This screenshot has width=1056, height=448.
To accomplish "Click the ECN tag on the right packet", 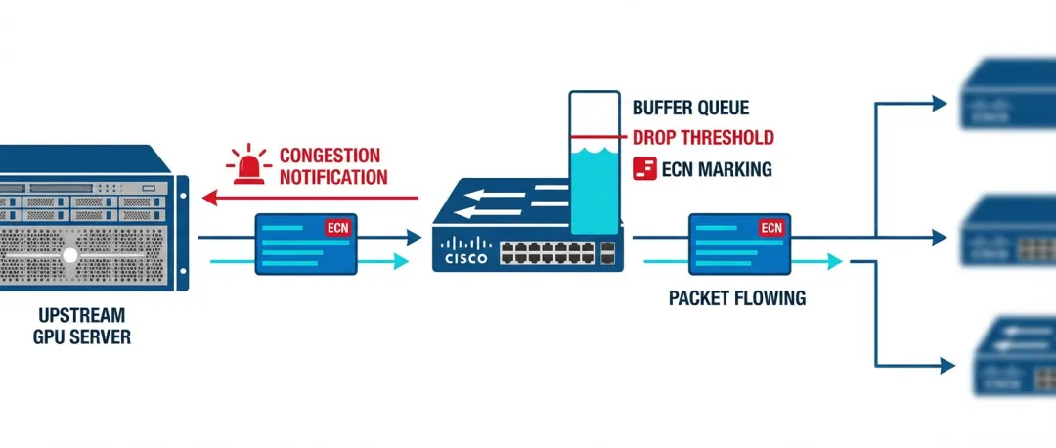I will [771, 228].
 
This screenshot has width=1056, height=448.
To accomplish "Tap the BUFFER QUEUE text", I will [690, 108].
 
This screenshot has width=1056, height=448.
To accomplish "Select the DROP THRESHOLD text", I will [703, 138].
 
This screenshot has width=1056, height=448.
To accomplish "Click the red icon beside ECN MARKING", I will [644, 168].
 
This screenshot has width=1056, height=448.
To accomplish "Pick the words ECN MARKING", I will [716, 169].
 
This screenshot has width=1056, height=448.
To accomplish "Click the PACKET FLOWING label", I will [737, 298].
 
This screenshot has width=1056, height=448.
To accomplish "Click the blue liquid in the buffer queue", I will [594, 191].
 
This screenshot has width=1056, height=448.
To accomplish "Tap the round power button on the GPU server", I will [69, 254].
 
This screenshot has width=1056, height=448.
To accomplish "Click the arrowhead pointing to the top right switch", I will [941, 102].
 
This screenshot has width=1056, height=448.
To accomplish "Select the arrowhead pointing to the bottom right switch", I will [946, 365].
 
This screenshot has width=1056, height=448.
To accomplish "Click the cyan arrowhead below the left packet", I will [400, 261].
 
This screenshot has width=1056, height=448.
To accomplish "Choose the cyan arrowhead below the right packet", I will [833, 261].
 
